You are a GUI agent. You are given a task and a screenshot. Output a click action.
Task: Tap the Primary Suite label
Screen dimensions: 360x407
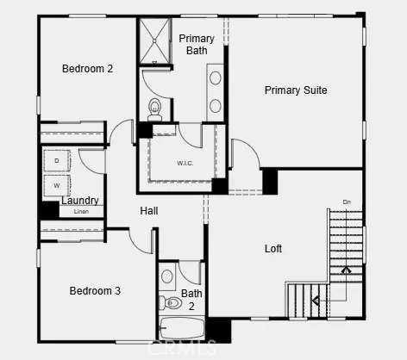coord(296,90)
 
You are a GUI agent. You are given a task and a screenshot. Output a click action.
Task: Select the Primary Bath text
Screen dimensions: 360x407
coord(197,44)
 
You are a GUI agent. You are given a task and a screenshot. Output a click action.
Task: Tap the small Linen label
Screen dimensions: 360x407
coord(81,211)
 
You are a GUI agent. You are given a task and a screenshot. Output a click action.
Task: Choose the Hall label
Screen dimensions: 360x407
coord(149,210)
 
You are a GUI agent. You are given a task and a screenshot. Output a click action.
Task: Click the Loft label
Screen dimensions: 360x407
coord(272,249)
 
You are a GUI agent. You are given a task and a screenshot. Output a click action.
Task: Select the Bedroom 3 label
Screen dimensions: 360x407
coord(95,291)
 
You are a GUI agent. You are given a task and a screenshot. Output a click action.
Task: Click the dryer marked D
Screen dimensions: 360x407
coord(57,161)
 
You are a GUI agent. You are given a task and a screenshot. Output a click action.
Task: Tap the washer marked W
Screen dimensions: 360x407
coord(57,184)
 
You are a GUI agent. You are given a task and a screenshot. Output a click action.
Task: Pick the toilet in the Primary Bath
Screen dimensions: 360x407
coord(155,108)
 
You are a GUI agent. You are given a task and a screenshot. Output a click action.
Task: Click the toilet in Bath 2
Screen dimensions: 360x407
coord(170,303)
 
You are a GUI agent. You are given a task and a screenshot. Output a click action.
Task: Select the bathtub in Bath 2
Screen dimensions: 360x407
coord(181,329)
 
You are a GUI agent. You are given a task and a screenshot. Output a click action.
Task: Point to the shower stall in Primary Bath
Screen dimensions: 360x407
coord(155,40)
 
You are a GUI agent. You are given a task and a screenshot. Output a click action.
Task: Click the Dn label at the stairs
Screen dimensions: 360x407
coord(347,202)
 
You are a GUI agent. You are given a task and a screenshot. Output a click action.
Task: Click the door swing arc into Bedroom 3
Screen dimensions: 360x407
coord(140,241)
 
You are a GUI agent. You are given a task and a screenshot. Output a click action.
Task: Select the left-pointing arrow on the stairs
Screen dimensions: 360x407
coord(316,301)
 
